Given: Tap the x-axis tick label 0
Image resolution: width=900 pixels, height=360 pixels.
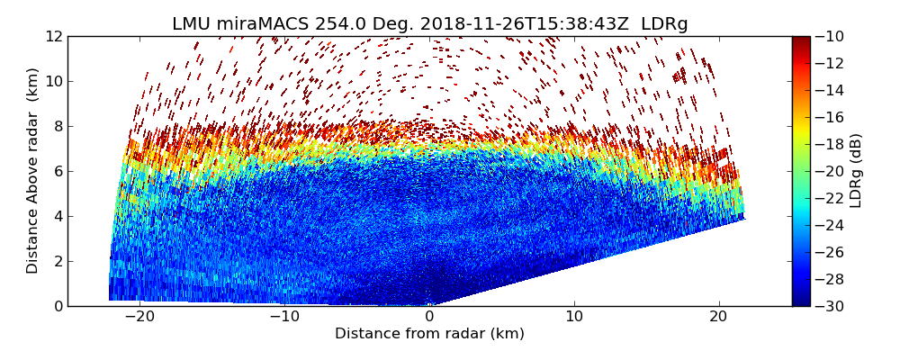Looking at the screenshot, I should pos(429,317).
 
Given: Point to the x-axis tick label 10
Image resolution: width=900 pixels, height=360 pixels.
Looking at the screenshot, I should pos(574,317).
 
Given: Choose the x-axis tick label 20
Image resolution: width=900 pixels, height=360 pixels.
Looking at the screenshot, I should pos(719,317).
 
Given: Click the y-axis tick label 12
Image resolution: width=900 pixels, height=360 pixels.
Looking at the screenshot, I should pos(54,36).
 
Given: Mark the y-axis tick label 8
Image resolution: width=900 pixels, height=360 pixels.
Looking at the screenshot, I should pos(58,126).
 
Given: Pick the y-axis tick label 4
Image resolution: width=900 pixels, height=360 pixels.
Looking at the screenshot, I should pos(58,216).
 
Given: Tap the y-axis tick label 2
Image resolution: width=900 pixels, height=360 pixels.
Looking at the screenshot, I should pos(58,261).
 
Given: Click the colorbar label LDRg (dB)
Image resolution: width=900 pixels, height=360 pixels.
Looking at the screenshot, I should pos(856,171).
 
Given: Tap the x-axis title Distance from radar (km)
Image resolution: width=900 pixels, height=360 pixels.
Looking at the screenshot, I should pos(429,334).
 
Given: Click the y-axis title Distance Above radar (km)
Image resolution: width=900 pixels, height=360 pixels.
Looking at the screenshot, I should pos(33,171).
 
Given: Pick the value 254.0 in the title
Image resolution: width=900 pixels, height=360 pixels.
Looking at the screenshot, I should pos(336,24).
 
